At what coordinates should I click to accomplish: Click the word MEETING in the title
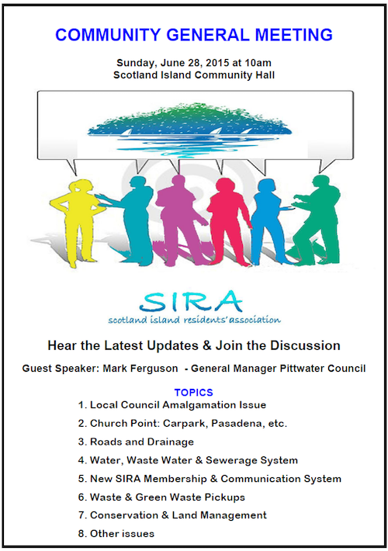point(293,35)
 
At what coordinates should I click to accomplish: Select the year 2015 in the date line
point(217,63)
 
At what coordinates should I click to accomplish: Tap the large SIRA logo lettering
point(191,302)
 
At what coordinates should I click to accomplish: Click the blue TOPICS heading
point(194,392)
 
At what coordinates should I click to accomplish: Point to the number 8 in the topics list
point(81,534)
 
